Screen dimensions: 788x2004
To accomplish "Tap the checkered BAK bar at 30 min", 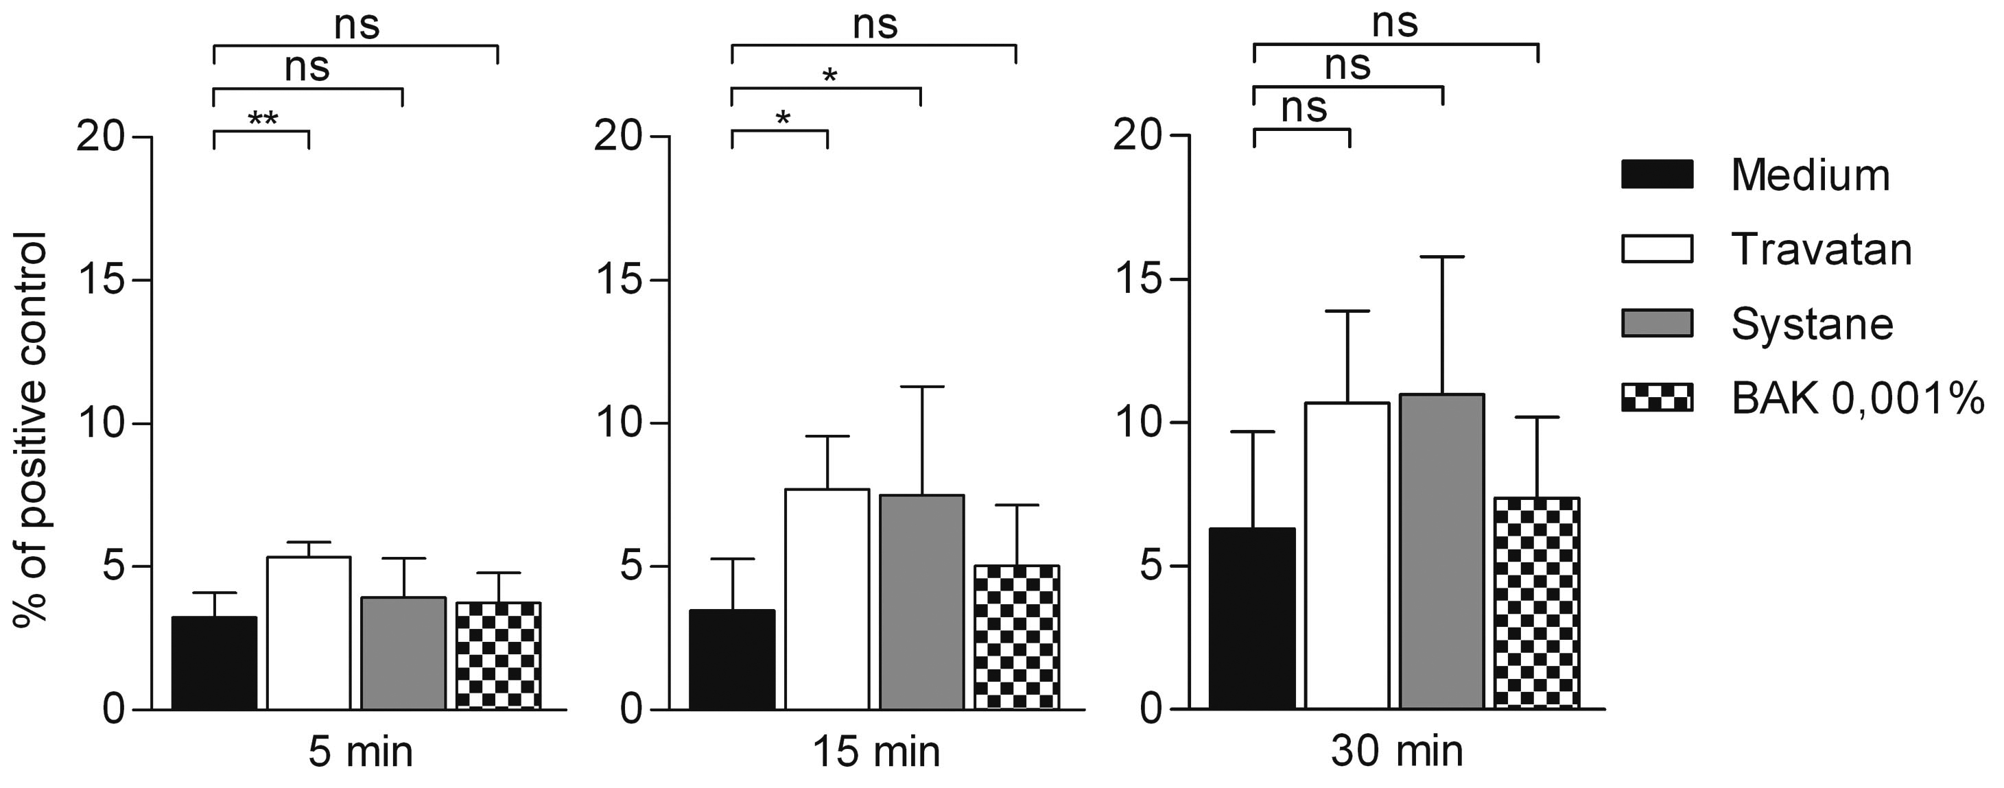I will coord(1537,603).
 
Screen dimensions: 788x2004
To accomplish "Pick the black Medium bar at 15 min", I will coord(732,659).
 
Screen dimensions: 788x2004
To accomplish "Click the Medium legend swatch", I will coord(1657,174).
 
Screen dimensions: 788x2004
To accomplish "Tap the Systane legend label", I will coord(1812,324).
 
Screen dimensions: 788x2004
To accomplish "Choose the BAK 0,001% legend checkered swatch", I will coord(1657,396).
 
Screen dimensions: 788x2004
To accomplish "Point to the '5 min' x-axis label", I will coord(360,752).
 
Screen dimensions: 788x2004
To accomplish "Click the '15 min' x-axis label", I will coord(876,752).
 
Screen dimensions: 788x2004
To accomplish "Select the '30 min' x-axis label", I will coord(1396,752).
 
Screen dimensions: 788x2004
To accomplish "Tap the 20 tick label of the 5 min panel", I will coord(101,138).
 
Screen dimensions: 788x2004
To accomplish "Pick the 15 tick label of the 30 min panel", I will coord(1140,280).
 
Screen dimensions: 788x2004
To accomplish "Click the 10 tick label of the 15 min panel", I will coord(620,424).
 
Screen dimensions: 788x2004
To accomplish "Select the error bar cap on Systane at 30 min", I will coord(1441,256).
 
